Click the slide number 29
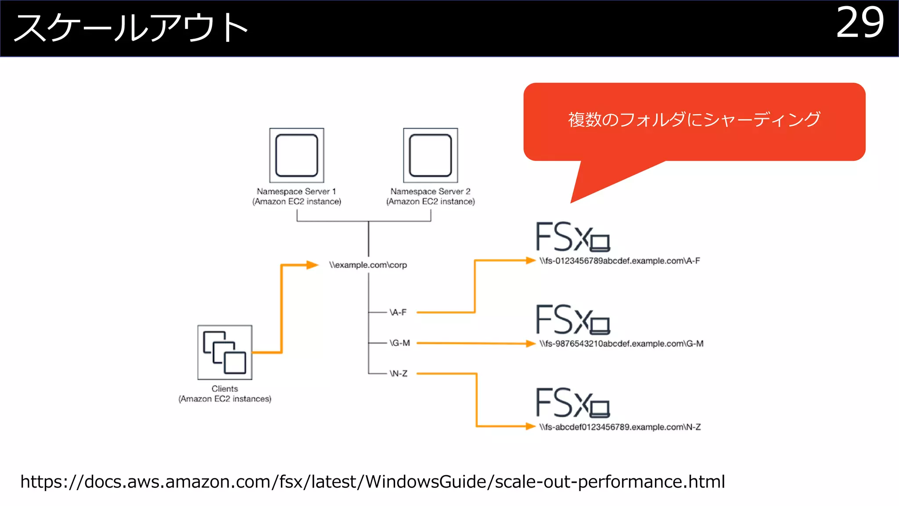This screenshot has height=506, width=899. [859, 23]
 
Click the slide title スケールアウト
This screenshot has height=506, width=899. [131, 28]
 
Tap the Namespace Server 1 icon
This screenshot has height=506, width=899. [297, 155]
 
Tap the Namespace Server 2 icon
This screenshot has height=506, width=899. [430, 155]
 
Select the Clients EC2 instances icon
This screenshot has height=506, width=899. [225, 352]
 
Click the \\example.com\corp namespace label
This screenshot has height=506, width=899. [368, 265]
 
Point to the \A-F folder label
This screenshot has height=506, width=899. [398, 312]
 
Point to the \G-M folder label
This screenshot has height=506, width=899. [399, 343]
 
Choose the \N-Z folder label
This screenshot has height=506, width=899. [399, 374]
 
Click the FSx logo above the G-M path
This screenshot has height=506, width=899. [572, 319]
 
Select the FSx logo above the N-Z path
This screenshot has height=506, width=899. [572, 403]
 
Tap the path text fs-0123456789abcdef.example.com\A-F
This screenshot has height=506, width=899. [619, 261]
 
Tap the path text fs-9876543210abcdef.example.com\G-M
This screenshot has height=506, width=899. [621, 344]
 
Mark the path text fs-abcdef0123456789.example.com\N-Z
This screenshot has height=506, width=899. [620, 427]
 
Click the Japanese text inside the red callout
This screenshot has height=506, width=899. [694, 119]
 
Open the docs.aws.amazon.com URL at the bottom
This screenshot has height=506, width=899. [372, 482]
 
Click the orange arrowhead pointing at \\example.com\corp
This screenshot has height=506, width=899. [312, 265]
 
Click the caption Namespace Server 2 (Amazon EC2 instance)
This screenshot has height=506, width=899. [430, 197]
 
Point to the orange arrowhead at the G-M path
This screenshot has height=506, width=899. [531, 343]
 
